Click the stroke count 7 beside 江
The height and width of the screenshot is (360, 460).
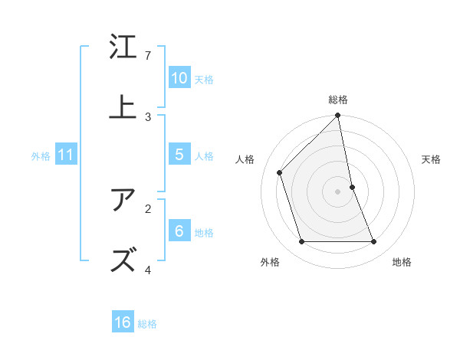click(148, 56)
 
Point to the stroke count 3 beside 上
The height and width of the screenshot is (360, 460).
click(148, 116)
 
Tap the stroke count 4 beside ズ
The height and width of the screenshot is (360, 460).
click(148, 270)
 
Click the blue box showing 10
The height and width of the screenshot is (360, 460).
click(179, 78)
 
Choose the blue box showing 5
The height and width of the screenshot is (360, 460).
click(179, 155)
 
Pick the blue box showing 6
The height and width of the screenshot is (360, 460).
click(179, 231)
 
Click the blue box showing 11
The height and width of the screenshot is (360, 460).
click(66, 155)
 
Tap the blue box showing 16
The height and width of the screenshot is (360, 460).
click(123, 322)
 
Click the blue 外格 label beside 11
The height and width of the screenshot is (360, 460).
click(41, 156)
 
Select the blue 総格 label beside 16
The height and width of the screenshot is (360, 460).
click(147, 324)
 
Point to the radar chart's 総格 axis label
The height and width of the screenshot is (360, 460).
click(338, 100)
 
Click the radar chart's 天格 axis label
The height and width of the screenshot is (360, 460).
click(431, 159)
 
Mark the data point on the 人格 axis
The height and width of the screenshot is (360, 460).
click(280, 172)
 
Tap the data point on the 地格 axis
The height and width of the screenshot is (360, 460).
click(374, 242)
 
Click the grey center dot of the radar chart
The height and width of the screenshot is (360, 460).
click(338, 191)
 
